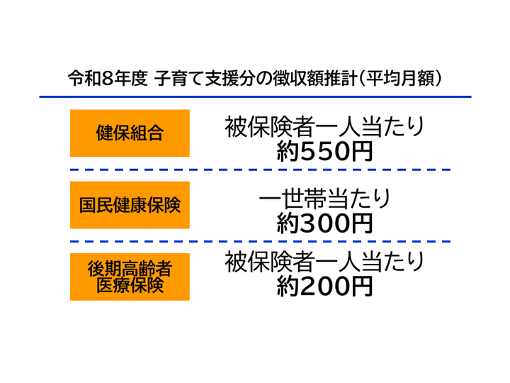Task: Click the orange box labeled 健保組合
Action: [x=130, y=133]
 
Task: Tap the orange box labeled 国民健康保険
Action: [x=130, y=205]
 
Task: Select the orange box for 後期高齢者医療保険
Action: [x=130, y=277]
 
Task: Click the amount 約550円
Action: [x=324, y=152]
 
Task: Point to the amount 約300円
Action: [x=324, y=223]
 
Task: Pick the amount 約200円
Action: [x=324, y=287]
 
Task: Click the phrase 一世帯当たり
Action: [x=324, y=199]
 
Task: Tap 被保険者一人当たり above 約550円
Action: [x=324, y=127]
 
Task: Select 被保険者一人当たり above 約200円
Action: [x=324, y=262]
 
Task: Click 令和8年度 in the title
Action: [x=108, y=79]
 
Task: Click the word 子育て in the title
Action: [x=179, y=79]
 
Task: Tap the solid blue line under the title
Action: [x=255, y=96]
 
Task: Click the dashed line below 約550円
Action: [x=260, y=170]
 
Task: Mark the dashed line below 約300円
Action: [x=260, y=242]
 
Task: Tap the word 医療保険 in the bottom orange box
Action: [x=130, y=285]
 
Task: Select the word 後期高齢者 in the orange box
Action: [x=130, y=269]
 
